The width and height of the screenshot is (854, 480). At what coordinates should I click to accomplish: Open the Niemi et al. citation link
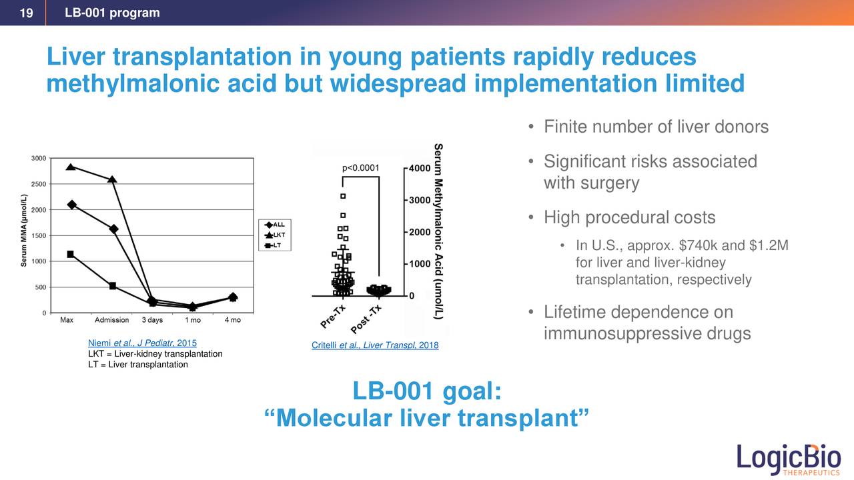pos(142,343)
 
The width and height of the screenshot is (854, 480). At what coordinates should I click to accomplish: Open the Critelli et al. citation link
pos(374,345)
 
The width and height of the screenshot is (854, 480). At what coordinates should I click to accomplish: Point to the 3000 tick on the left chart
pos(39,159)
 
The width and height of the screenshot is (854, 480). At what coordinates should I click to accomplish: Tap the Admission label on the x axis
pos(112,321)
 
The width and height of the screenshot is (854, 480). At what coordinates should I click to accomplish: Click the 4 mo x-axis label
pos(232,321)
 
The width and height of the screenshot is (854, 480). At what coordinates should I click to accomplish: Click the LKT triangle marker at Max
pos(71,167)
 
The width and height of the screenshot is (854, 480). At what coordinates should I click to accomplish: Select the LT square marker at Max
pos(71,254)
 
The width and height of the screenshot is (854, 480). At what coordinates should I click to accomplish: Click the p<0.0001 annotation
pos(360,168)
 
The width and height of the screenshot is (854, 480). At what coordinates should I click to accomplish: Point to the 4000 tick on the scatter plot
pos(419,168)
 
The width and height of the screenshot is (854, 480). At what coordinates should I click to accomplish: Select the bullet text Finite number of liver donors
pos(656,127)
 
